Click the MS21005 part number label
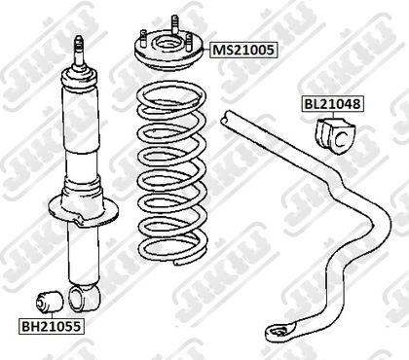(x=243, y=50)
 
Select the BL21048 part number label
(x=332, y=104)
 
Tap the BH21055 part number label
(x=51, y=326)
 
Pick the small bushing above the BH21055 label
(x=50, y=303)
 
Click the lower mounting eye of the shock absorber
(x=85, y=299)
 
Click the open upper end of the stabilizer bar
(x=226, y=118)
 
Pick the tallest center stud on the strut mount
(x=174, y=23)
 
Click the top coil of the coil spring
(x=171, y=94)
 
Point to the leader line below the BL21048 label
(x=333, y=116)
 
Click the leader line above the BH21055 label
(x=52, y=315)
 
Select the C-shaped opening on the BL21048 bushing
(x=341, y=139)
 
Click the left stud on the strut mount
(x=143, y=38)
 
